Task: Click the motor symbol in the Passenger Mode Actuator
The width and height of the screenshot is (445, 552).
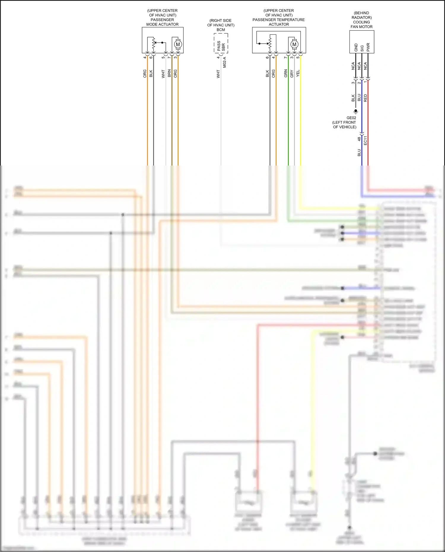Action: point(178,44)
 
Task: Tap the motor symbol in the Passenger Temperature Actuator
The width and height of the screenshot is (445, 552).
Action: point(294,44)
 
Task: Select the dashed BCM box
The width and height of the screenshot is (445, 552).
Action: point(221,43)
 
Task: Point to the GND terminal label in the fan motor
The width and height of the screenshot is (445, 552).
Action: point(356,47)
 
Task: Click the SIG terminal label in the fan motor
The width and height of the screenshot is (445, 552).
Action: point(362,48)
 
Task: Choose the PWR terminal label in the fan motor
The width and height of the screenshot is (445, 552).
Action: point(368,47)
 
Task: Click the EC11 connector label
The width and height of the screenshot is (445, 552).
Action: point(365,140)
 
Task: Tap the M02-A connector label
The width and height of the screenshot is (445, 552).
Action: point(225,62)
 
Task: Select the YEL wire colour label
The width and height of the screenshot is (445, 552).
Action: point(298,73)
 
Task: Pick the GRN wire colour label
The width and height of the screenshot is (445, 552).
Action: point(286,73)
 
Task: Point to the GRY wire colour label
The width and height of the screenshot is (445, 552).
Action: point(292,74)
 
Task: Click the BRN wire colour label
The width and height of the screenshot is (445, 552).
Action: point(169,74)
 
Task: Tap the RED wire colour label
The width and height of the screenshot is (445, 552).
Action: point(365,98)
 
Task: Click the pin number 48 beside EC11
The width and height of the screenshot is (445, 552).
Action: point(359,139)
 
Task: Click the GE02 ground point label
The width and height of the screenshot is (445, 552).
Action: point(351,118)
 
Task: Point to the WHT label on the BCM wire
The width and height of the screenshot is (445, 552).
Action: point(218,74)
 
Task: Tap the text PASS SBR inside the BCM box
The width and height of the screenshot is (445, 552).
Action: point(221,46)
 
